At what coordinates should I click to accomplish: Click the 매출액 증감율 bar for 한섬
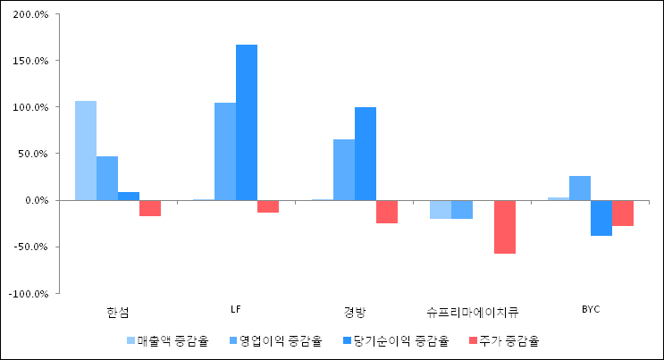86,150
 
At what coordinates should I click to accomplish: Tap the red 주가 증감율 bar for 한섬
150,208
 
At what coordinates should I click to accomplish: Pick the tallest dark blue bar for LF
247,122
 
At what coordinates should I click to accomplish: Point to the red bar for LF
268,206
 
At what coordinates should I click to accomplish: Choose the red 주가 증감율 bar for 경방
387,212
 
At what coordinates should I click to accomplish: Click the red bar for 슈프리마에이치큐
505,227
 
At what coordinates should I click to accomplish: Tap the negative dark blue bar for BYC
601,218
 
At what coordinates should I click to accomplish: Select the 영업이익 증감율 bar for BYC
580,188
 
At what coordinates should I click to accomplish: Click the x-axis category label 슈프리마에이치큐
473,311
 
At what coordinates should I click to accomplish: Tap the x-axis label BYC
591,309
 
